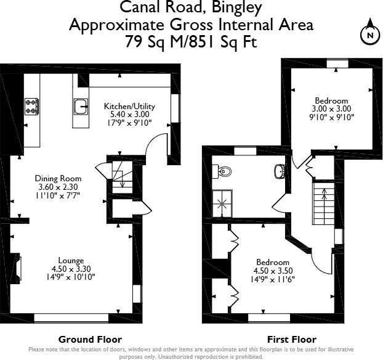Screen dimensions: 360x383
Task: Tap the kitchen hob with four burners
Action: [31, 107]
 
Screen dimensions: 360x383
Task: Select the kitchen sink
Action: [81, 107]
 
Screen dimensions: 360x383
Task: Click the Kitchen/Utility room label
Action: [129, 106]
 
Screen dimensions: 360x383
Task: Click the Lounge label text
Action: [71, 260]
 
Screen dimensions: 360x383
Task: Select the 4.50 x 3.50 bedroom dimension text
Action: [272, 270]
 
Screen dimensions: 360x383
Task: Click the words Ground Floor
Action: [90, 340]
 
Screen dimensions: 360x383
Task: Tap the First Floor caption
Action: [291, 340]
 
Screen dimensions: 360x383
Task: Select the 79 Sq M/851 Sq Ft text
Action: [190, 43]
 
